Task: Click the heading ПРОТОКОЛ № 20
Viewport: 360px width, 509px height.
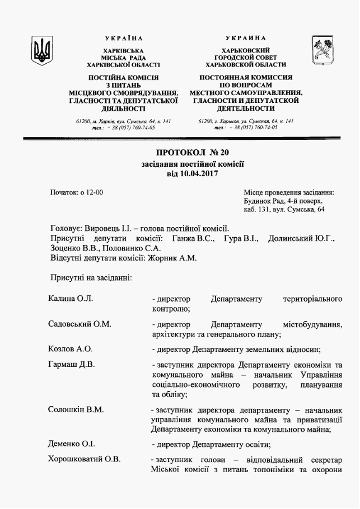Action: coord(193,152)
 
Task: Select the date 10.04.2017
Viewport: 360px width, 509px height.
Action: coord(200,173)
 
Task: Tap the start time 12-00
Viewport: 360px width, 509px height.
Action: coord(93,192)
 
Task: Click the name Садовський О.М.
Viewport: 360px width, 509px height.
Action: coord(80,324)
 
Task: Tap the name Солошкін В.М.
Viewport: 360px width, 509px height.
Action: coord(76,409)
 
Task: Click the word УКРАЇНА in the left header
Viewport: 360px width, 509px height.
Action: coord(123,38)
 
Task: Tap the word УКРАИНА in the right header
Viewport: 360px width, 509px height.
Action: coord(246,38)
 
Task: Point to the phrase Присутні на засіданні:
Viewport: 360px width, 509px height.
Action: coord(91,277)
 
